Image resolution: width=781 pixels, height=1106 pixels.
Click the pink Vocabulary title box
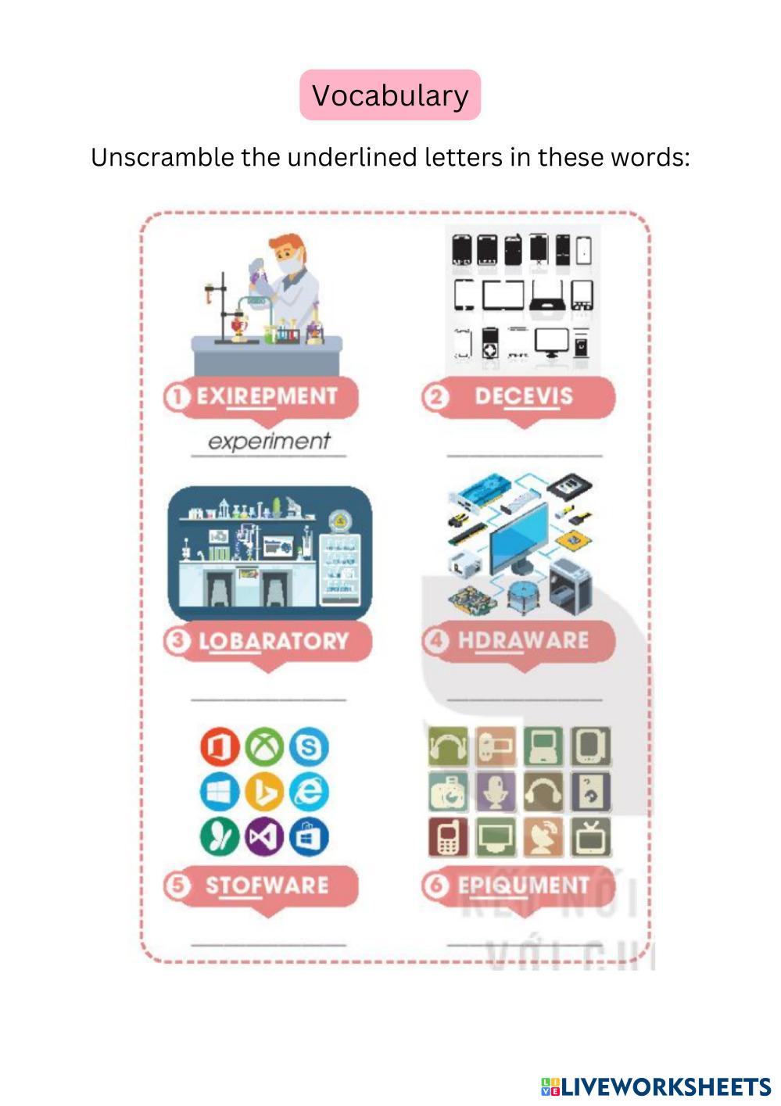(390, 95)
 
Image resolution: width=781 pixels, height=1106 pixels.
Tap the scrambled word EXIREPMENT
(267, 396)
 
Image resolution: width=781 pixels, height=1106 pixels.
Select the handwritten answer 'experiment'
(269, 441)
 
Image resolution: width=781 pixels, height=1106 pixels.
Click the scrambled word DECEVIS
(523, 396)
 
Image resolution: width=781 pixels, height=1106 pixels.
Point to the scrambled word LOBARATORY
(273, 641)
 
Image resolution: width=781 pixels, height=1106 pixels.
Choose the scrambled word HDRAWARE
(523, 640)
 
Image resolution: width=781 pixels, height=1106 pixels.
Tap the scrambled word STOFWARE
(267, 885)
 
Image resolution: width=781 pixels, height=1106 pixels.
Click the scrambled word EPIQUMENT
(523, 885)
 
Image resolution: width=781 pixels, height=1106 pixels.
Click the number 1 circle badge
(177, 396)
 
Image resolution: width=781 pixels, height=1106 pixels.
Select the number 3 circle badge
(177, 641)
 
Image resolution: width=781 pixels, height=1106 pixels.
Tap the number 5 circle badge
(177, 886)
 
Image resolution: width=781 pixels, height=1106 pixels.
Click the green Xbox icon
(264, 747)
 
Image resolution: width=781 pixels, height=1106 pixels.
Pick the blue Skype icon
(309, 747)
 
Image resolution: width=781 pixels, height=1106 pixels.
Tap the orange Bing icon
(264, 792)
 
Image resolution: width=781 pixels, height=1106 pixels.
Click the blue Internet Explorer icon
(309, 792)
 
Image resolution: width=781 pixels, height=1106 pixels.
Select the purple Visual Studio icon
(264, 837)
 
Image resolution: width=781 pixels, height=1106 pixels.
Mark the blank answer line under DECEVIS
(524, 455)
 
